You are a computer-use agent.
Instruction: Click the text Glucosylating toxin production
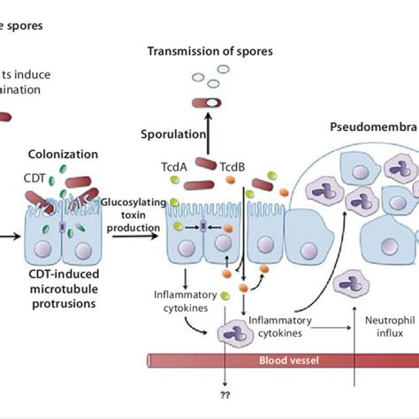[133, 215]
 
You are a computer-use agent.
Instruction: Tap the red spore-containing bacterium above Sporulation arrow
[209, 103]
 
